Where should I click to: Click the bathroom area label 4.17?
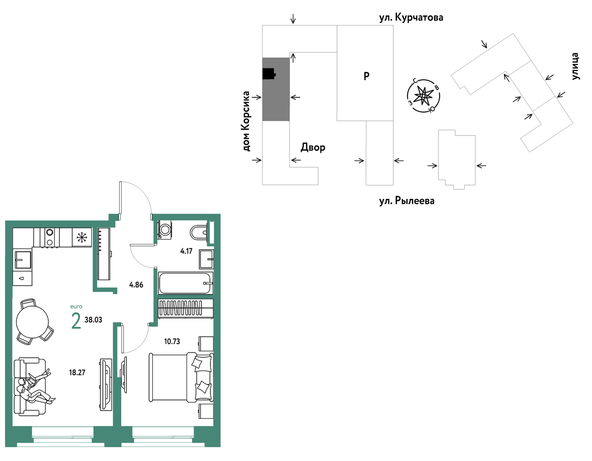tap(186, 251)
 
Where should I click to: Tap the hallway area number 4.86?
tap(136, 285)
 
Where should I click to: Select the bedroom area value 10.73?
tap(172, 341)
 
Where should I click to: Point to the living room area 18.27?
tap(77, 373)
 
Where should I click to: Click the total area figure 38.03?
tap(93, 320)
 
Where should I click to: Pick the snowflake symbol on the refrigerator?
tap(82, 237)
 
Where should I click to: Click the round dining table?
tap(32, 322)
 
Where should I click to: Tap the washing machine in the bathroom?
tap(164, 230)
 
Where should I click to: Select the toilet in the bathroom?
tap(199, 232)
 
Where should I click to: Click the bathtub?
tap(186, 283)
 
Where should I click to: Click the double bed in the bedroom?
tap(181, 377)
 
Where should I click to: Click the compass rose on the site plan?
tap(423, 96)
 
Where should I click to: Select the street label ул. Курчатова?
tap(411, 18)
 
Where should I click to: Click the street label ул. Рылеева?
tap(407, 201)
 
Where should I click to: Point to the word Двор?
tap(313, 147)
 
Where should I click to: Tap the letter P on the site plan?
tap(366, 76)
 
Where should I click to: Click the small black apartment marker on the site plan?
tap(269, 74)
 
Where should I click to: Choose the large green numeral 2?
tap(76, 321)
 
